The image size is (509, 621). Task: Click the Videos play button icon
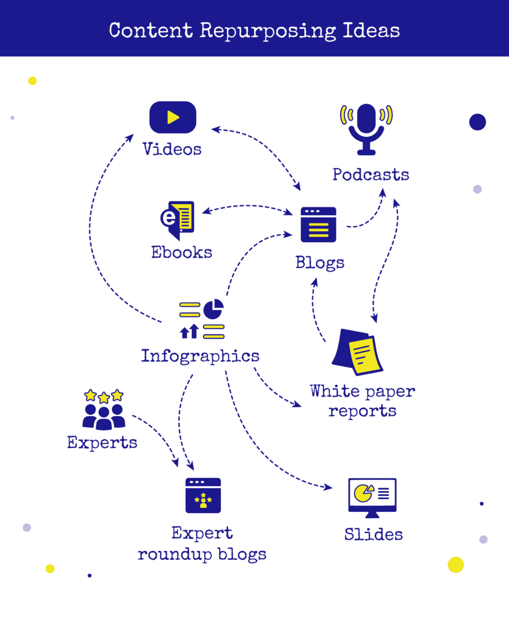point(173,117)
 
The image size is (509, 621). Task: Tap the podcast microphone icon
point(366,127)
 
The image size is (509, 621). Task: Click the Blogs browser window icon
point(318,224)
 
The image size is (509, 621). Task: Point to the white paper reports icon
point(358,352)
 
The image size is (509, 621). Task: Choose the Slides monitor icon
point(372,496)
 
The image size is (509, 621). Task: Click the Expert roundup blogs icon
point(203,495)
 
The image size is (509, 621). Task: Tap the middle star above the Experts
point(104,397)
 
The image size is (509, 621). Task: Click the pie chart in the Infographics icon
point(213,309)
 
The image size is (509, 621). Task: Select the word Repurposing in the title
point(268,31)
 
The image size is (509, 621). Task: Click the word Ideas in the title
point(371,31)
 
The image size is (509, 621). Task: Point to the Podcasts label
point(371,175)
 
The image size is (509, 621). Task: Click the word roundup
point(175,554)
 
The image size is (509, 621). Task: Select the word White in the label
point(335,391)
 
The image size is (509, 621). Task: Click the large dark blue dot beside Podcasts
point(477,122)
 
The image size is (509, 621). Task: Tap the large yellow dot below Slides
point(456,565)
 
